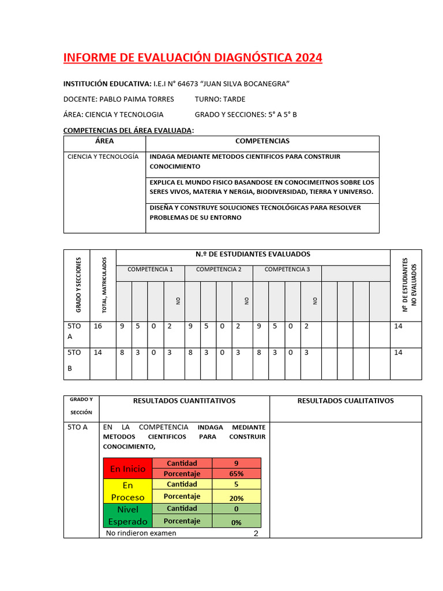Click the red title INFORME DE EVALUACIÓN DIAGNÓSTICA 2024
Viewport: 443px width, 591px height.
pyautogui.click(x=193, y=58)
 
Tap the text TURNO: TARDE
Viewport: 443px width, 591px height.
pyautogui.click(x=220, y=99)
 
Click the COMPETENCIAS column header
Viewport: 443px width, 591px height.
pyautogui.click(x=262, y=141)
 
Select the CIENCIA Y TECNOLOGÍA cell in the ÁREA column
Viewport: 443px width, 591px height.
pyautogui.click(x=103, y=157)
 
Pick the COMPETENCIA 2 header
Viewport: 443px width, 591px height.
pyautogui.click(x=219, y=270)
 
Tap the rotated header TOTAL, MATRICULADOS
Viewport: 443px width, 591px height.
pyautogui.click(x=104, y=286)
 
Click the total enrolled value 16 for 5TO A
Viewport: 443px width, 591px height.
pyautogui.click(x=97, y=327)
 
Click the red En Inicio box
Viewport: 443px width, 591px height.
pyautogui.click(x=128, y=469)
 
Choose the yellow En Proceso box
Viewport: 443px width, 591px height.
pyautogui.click(x=128, y=491)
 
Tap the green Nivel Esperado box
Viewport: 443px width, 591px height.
pyautogui.click(x=128, y=515)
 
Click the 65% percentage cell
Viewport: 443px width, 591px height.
pyautogui.click(x=236, y=474)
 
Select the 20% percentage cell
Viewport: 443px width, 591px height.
pyautogui.click(x=236, y=498)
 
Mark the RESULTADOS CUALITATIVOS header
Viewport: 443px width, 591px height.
pyautogui.click(x=345, y=401)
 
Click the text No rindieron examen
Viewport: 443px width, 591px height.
pyautogui.click(x=141, y=533)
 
